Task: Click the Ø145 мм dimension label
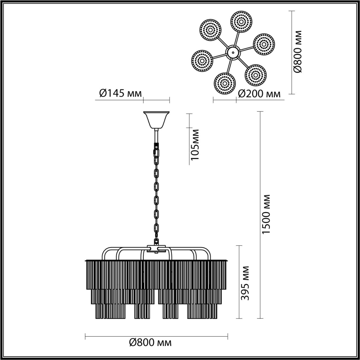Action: [x=120, y=93]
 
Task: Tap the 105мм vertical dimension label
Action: [x=195, y=145]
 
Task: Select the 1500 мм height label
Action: [x=266, y=214]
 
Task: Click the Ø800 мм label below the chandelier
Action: [x=150, y=343]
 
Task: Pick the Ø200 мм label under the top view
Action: [x=259, y=94]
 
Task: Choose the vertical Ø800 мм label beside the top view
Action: [x=297, y=52]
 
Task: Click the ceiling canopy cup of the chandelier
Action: [x=156, y=120]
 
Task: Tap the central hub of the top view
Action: [x=232, y=52]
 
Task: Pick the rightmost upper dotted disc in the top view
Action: [x=264, y=44]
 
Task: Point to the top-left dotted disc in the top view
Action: [x=210, y=30]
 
